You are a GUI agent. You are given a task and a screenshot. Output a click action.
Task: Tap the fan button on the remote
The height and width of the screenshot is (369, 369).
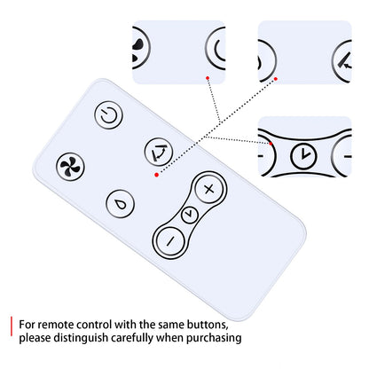70,167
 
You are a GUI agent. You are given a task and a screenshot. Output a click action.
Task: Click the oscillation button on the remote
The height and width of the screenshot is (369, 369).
159,152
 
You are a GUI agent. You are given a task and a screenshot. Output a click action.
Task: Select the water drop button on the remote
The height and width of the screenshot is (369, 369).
120,204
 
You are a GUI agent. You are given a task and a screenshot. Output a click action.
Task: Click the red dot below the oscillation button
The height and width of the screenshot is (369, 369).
157,175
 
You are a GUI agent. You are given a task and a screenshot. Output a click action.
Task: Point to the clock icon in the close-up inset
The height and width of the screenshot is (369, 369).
303,156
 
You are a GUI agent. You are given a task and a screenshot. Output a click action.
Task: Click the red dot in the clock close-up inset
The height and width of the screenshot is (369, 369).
271,144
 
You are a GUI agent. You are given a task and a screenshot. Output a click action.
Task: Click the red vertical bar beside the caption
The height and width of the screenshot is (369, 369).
12,326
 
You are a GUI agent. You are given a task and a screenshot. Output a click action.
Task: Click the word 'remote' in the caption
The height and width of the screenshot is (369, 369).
56,325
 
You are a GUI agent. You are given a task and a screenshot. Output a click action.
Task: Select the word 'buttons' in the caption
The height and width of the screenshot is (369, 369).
208,325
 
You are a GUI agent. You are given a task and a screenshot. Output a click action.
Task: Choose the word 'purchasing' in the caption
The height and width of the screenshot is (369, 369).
214,338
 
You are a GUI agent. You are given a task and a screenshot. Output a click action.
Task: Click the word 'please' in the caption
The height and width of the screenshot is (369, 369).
35,338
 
